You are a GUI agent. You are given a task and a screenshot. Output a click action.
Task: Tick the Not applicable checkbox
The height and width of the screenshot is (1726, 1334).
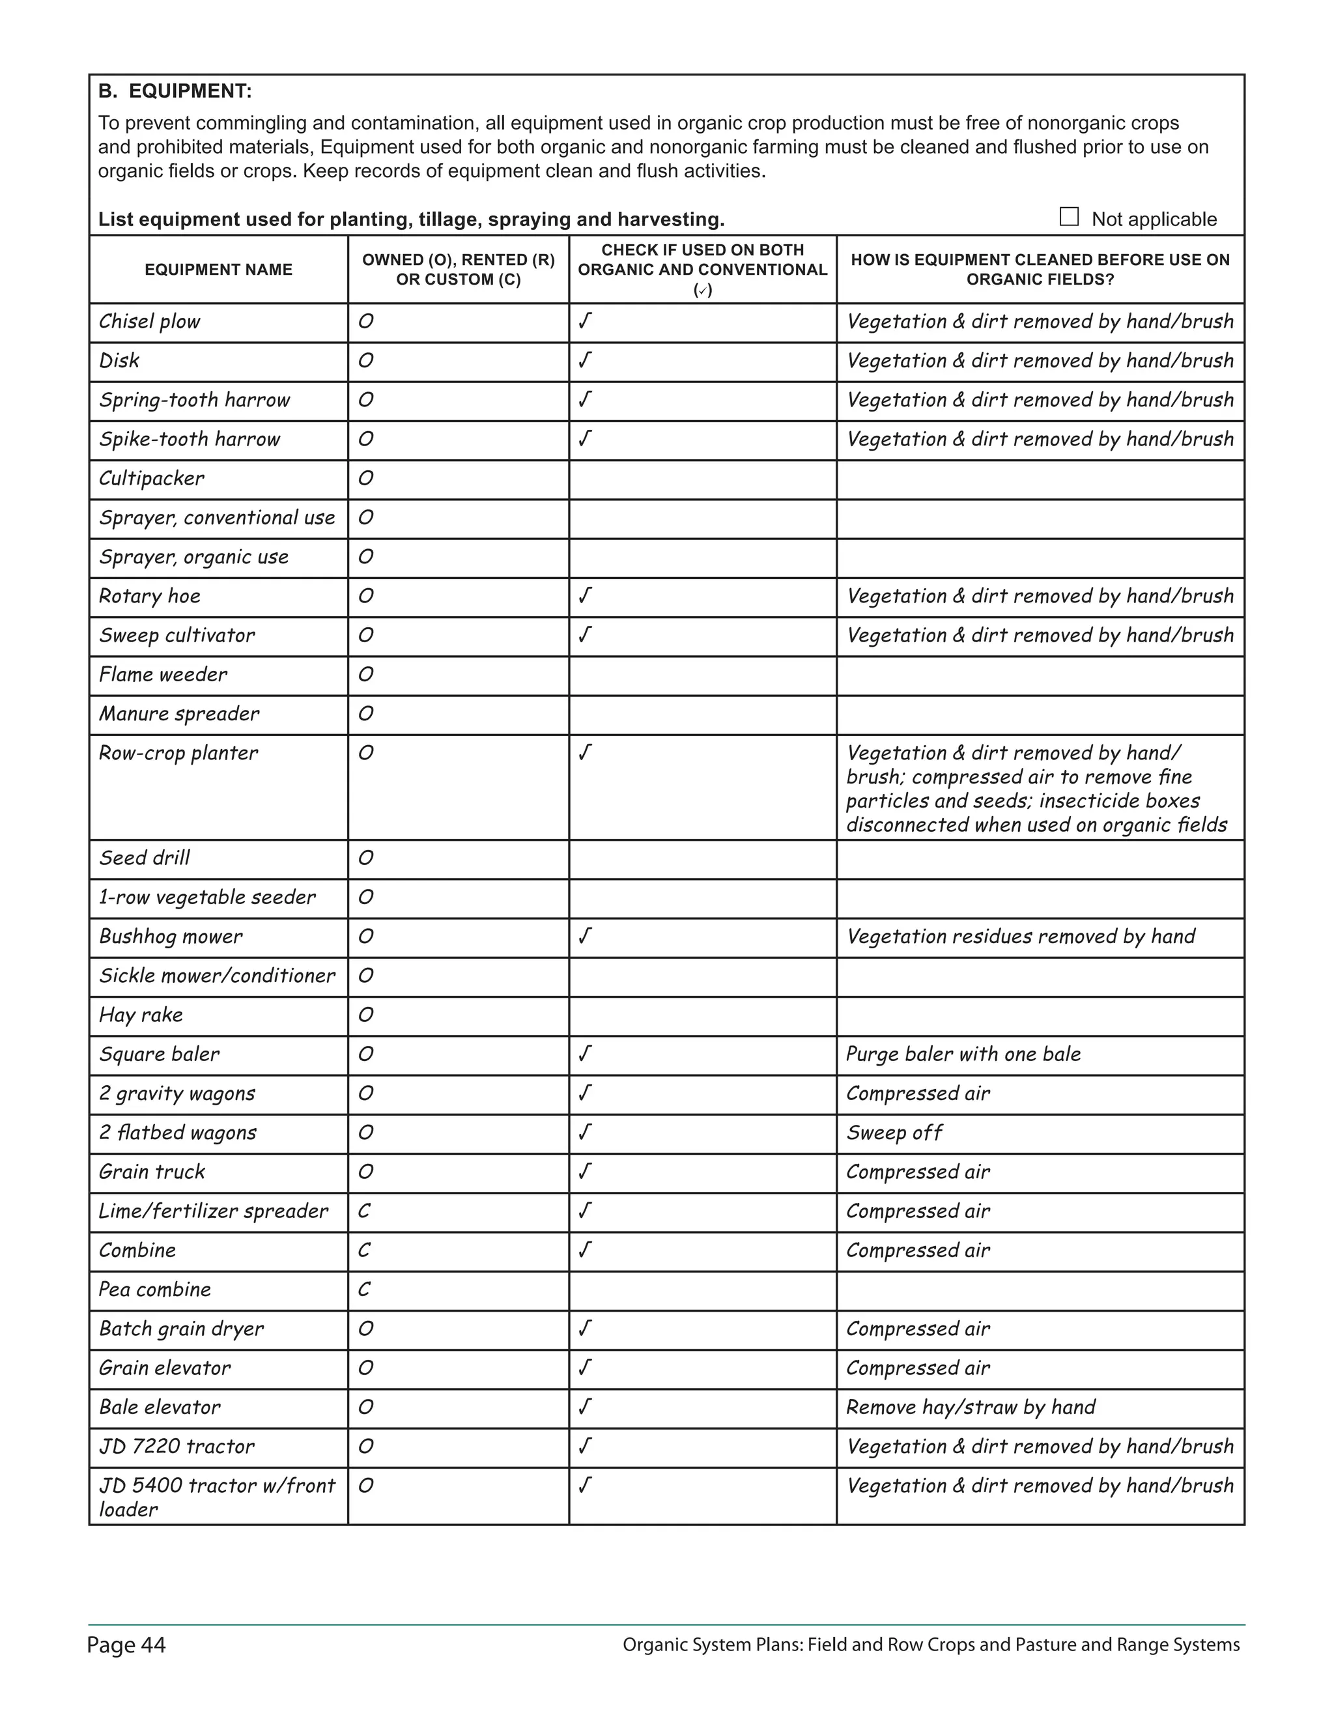(1068, 216)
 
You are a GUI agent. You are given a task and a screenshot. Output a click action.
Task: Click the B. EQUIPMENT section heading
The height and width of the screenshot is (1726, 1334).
(175, 92)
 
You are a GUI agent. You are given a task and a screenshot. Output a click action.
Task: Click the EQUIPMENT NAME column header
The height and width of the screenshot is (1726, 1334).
(218, 270)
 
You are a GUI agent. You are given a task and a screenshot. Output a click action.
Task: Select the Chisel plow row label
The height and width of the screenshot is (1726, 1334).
(149, 322)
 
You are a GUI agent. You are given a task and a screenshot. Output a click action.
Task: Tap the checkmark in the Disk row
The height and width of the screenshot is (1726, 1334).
(585, 360)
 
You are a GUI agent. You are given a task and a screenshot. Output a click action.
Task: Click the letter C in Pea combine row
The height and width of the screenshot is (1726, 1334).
(363, 1289)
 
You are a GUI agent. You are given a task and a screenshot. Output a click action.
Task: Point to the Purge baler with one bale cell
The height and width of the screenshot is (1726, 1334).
(963, 1054)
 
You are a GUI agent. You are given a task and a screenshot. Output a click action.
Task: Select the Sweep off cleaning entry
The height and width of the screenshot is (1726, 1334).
(894, 1133)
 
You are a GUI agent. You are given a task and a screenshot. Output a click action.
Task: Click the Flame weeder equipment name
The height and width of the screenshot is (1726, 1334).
(163, 675)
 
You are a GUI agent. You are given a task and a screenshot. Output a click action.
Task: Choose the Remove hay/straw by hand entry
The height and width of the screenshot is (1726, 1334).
(971, 1407)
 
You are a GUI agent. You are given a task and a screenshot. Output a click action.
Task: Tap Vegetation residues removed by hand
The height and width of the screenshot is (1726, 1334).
(1020, 937)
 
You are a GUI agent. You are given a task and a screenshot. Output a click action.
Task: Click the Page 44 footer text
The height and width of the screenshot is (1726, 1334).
(126, 1645)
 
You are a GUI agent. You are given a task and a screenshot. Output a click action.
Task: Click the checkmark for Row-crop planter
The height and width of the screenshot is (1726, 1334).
(585, 752)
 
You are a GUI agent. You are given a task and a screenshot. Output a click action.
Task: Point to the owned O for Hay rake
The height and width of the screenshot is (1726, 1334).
(365, 1015)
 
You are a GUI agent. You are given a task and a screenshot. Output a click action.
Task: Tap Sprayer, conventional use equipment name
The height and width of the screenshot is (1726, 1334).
(216, 518)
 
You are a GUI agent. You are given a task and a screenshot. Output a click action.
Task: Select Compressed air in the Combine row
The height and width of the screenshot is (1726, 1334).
(918, 1251)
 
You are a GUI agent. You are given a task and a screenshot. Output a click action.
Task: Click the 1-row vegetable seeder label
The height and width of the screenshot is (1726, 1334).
(207, 897)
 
